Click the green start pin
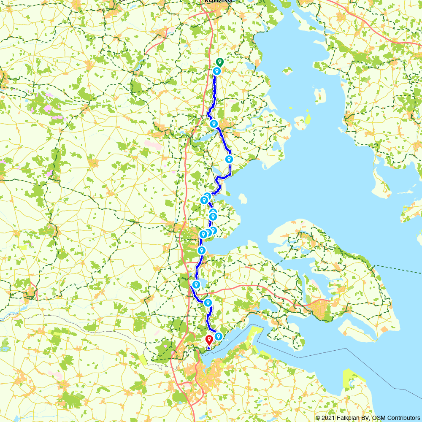[x=219, y=62]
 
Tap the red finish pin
[x=209, y=339]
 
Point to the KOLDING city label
[x=218, y=1]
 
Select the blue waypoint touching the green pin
[x=216, y=71]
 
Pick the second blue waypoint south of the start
[x=214, y=124]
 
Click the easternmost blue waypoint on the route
[x=229, y=159]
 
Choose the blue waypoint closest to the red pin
[x=219, y=336]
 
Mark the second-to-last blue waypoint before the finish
[x=208, y=302]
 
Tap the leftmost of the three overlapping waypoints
[x=203, y=234]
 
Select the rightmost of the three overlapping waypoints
[x=213, y=230]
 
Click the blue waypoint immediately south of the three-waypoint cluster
[x=202, y=250]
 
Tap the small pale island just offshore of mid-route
[x=242, y=198]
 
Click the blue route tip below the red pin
[x=209, y=348]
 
